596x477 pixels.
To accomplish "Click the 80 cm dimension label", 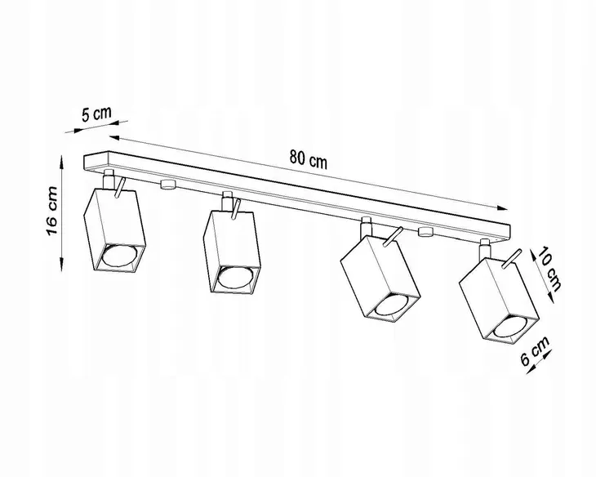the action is (x=309, y=159).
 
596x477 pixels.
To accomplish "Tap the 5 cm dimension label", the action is (x=96, y=114).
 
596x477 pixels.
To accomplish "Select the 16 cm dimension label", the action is (x=51, y=211).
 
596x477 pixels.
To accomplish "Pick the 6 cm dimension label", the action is (x=535, y=350).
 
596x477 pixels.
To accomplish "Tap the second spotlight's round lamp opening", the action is (x=234, y=277).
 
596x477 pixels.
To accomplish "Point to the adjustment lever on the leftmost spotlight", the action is (x=119, y=188).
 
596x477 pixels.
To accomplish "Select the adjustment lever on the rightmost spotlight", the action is (x=511, y=260).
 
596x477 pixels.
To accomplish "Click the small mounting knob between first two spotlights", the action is (x=168, y=185).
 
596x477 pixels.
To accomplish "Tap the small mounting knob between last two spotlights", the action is (x=425, y=231).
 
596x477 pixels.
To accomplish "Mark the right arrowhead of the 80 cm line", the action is (x=502, y=207).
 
